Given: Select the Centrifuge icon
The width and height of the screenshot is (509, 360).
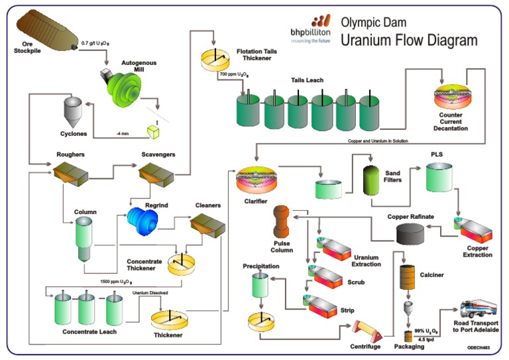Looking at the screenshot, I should pyautogui.click(x=363, y=330).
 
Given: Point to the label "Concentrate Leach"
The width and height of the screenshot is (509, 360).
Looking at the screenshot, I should pyautogui.click(x=90, y=331).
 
